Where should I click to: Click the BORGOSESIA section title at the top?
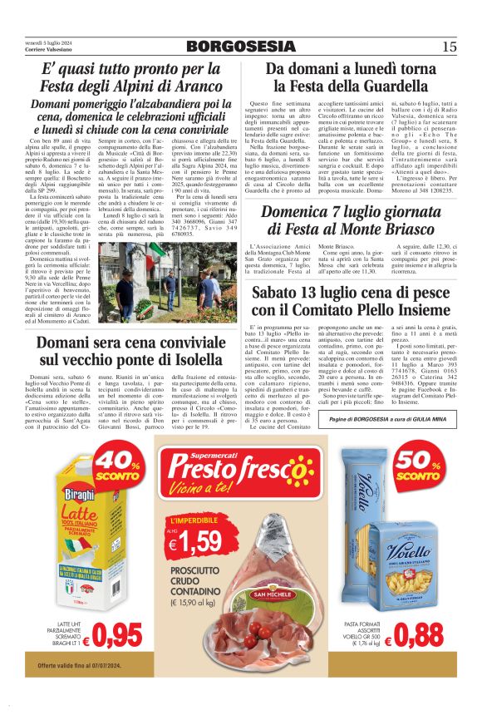[x=240, y=47]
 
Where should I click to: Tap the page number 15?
[x=450, y=47]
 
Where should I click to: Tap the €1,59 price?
[x=194, y=544]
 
